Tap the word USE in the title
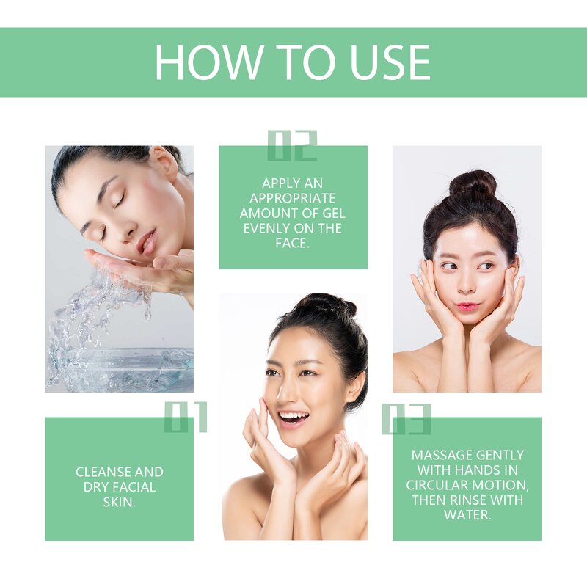pos(390,62)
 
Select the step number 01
pos(186,417)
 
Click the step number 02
pos(292,145)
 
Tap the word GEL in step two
pos(331,214)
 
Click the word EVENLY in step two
pos(266,228)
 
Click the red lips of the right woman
pos(467,305)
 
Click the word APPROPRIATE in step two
pos(292,198)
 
